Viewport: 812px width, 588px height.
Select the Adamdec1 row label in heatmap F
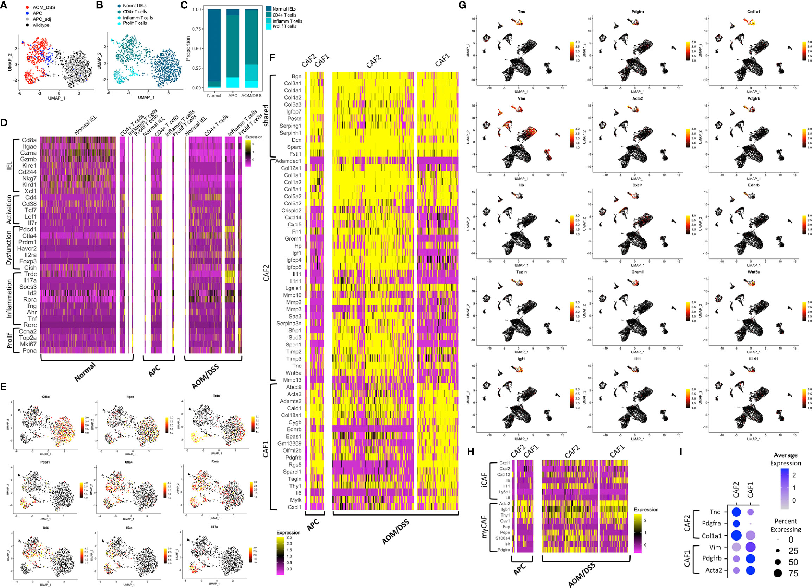288,161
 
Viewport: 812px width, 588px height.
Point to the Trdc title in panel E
216,396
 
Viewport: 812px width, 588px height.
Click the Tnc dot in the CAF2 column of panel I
736,512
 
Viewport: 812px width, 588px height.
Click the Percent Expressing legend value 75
793,573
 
